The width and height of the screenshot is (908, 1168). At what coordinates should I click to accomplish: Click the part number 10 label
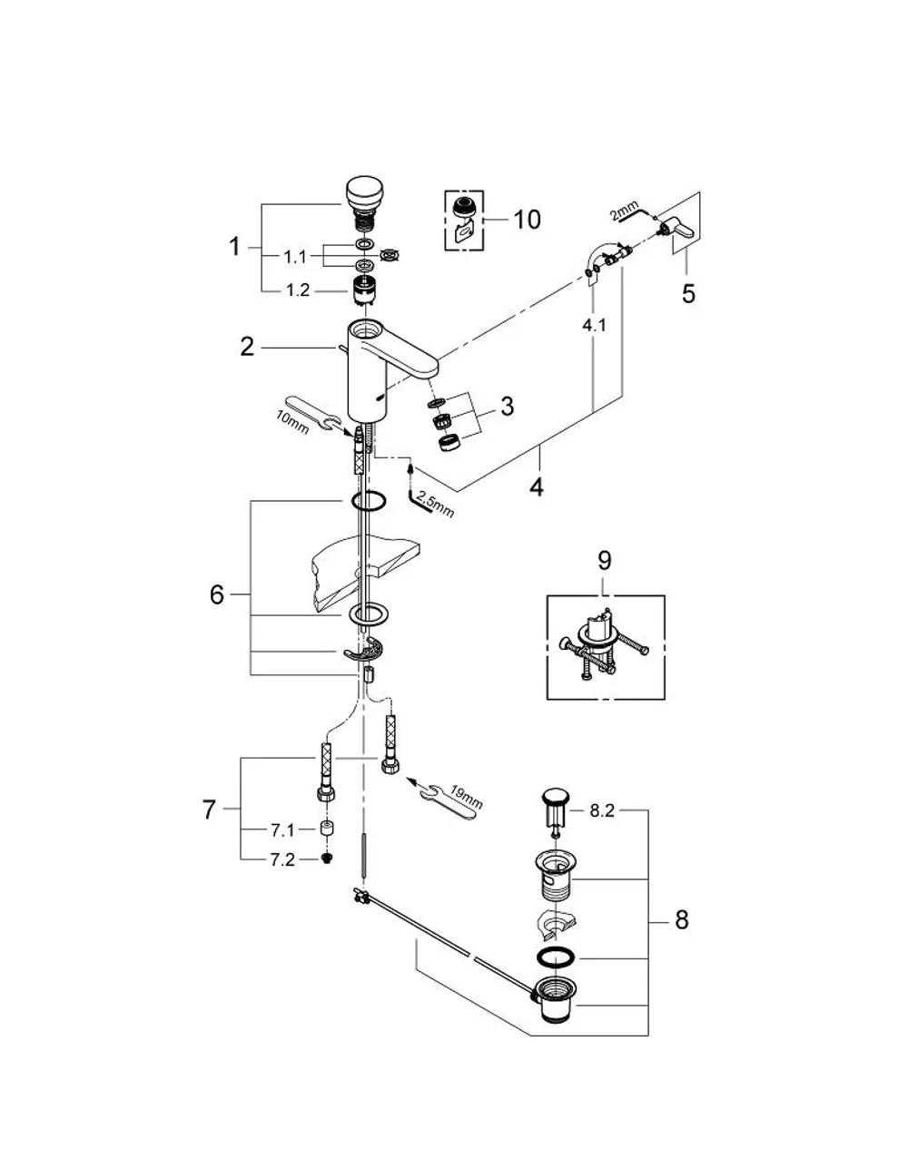coord(527,220)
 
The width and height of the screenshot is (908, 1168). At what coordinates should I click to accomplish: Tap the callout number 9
coord(605,561)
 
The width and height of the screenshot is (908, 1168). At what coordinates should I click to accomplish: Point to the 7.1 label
coord(282,829)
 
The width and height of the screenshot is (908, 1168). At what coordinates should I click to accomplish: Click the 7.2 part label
coord(282,859)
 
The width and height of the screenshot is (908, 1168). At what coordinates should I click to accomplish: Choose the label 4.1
coord(594,324)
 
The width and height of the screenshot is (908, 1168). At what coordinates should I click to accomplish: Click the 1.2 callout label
coord(298,290)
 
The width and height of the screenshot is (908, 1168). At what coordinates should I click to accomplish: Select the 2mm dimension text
coord(624,211)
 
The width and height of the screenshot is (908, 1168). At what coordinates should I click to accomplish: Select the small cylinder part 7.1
coord(326,829)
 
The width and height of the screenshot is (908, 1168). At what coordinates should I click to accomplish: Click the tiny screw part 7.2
coord(326,859)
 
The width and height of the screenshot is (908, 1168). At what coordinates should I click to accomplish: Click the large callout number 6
coord(217,595)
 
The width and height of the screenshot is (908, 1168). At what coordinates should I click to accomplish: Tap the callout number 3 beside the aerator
coord(507,407)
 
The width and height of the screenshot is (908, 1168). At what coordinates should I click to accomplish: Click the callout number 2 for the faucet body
coord(247,347)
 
